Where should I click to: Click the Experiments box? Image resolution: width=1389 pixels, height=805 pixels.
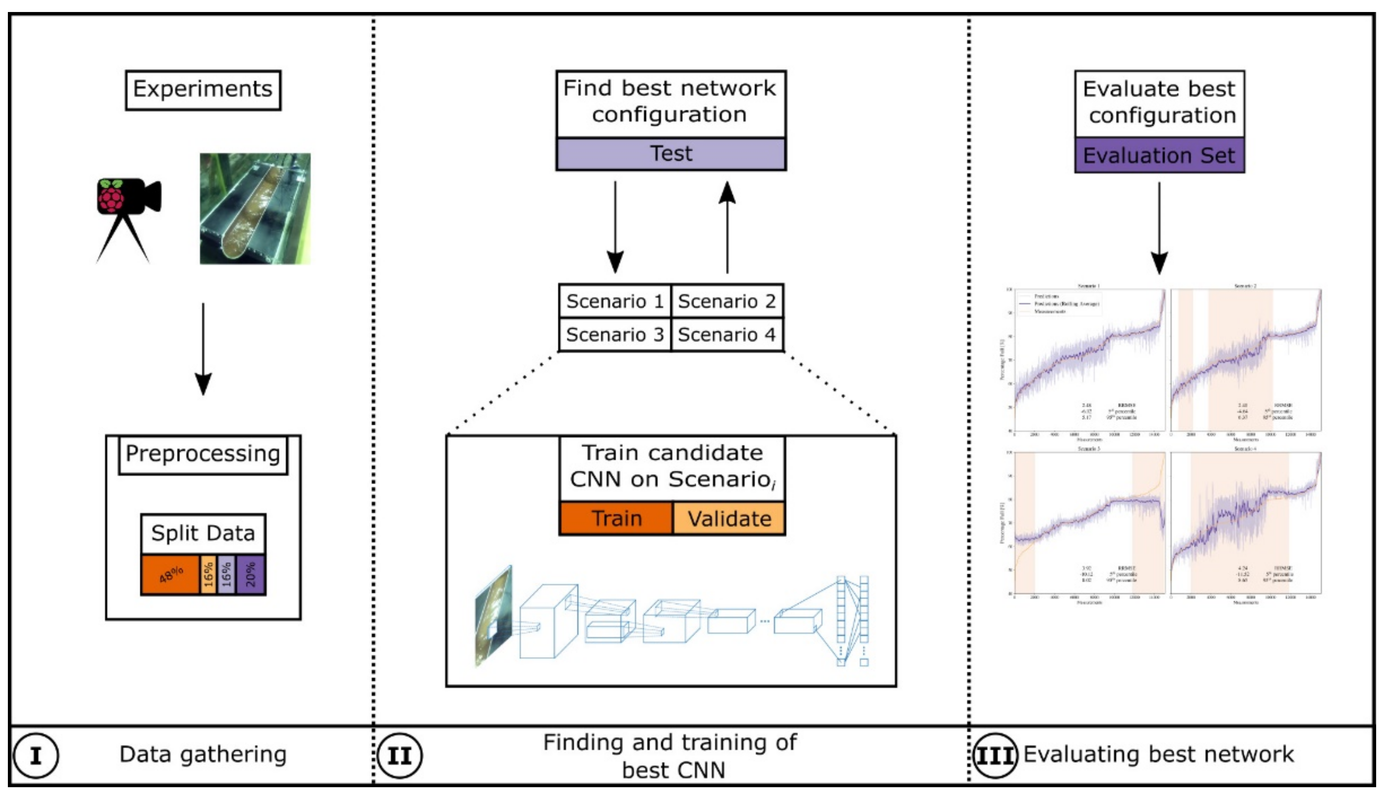(x=203, y=90)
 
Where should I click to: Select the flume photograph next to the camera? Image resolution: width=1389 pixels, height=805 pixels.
(x=255, y=208)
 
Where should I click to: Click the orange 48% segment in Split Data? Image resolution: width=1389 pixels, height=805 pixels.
(x=170, y=575)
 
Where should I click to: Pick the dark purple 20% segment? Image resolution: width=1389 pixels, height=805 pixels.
(x=251, y=575)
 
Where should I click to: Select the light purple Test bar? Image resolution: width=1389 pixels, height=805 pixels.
(x=671, y=154)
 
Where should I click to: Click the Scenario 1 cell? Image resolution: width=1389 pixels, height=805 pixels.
(x=615, y=301)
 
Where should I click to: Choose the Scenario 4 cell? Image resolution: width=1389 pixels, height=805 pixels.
(x=726, y=335)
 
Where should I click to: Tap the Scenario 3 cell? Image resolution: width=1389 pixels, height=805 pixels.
(x=615, y=335)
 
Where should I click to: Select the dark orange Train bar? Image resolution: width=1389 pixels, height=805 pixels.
(x=616, y=518)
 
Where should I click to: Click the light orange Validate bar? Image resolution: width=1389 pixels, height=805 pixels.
(x=728, y=518)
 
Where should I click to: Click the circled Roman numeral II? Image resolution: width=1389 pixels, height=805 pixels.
(x=399, y=755)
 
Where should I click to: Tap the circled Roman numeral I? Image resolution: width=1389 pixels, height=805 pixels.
(x=36, y=755)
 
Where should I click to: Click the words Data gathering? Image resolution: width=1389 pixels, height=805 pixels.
(x=203, y=754)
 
